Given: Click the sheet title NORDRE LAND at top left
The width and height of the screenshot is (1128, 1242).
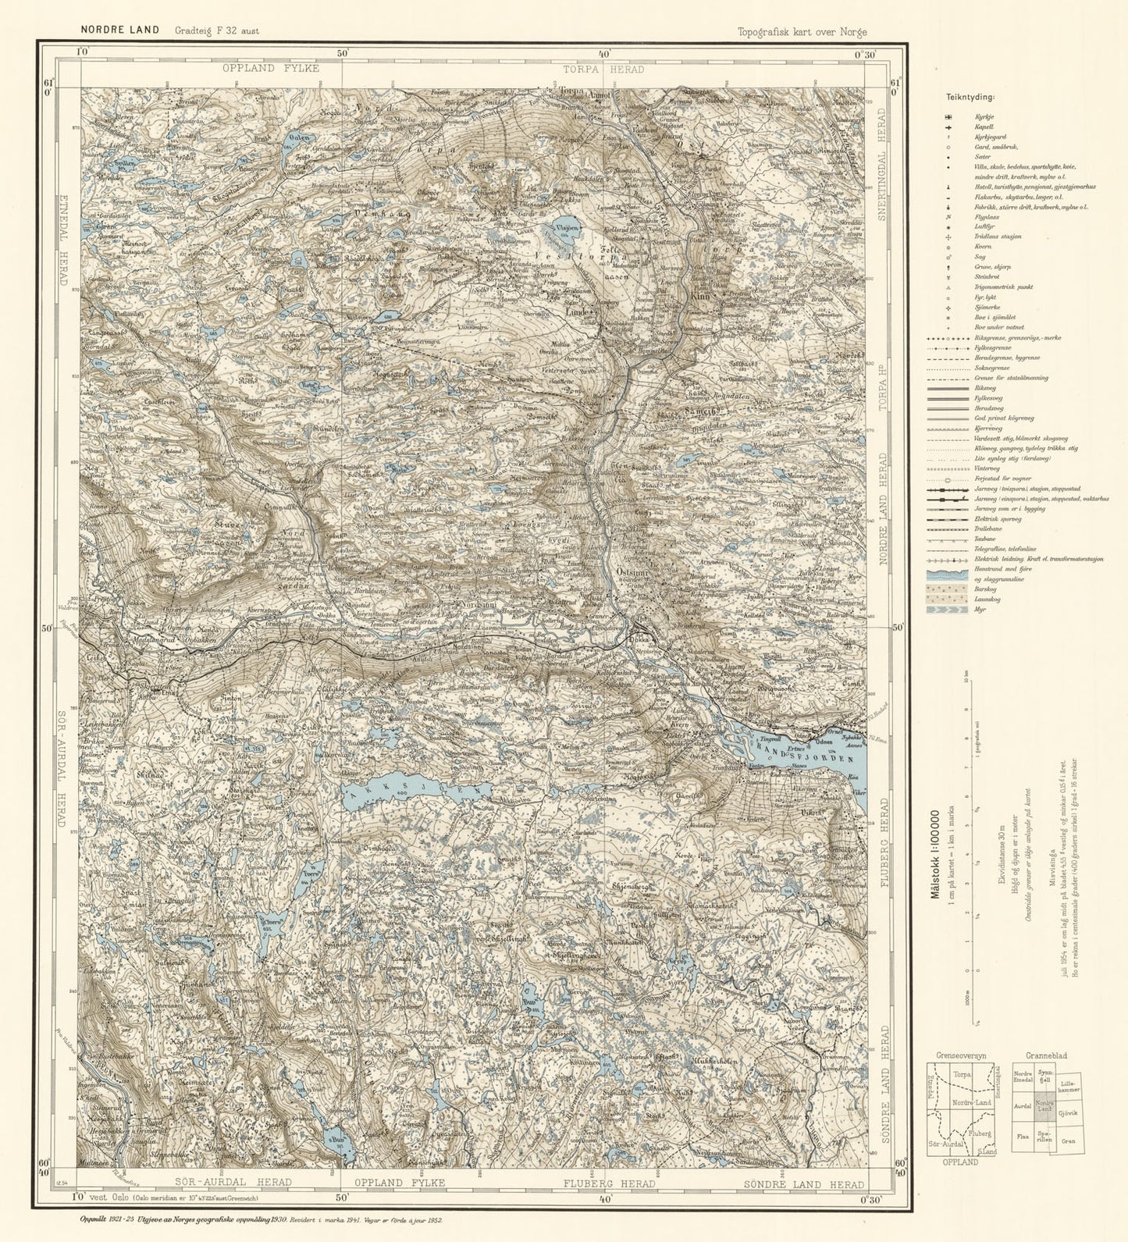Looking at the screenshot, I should pos(119,30).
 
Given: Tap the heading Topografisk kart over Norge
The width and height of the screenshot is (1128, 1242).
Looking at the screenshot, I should pos(802,32).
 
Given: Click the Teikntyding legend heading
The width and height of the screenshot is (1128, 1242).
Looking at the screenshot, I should pos(970,98).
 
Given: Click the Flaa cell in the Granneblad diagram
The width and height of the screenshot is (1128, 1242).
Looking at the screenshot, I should pos(1022,1137).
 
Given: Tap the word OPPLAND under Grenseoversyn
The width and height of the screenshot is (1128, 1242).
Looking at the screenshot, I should pos(959,1162).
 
